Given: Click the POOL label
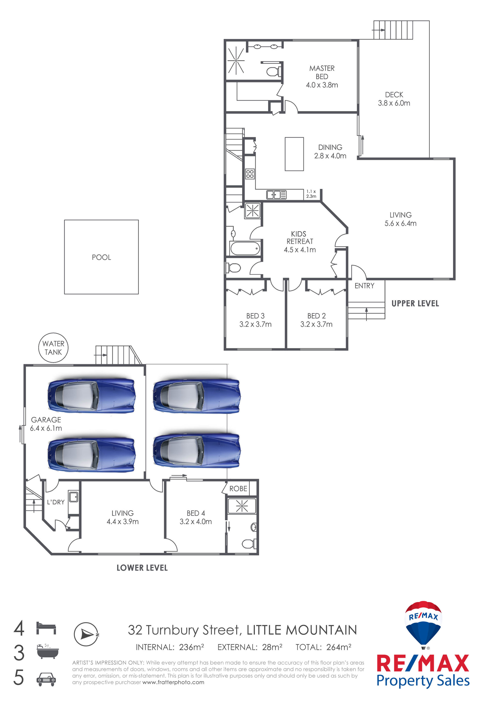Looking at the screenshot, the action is [x=102, y=257].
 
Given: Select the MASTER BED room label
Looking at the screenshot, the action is [x=322, y=72].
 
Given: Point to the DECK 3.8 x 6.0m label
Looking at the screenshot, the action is [x=394, y=99].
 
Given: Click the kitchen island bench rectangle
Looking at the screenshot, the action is [x=294, y=154].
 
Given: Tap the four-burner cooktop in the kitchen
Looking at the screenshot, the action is [x=250, y=174].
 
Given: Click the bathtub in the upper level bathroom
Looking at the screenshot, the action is [x=245, y=249].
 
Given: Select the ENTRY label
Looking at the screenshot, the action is [x=364, y=286].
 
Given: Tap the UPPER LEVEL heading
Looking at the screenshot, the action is [x=415, y=304].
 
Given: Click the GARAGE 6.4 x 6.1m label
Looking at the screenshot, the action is [x=46, y=424].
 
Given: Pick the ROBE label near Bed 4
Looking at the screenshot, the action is [x=238, y=489].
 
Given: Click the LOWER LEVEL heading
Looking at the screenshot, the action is [x=142, y=568].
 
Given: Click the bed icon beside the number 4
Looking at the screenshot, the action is [x=46, y=628].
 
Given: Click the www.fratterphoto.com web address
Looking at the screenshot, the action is [x=173, y=682].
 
